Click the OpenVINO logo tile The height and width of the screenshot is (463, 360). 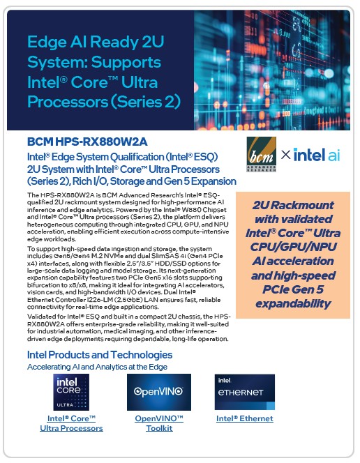coord(158,392)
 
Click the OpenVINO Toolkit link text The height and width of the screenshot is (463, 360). coord(158,423)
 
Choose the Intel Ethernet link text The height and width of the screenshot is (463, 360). coord(244,418)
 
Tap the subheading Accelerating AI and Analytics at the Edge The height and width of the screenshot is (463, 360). coord(97,366)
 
